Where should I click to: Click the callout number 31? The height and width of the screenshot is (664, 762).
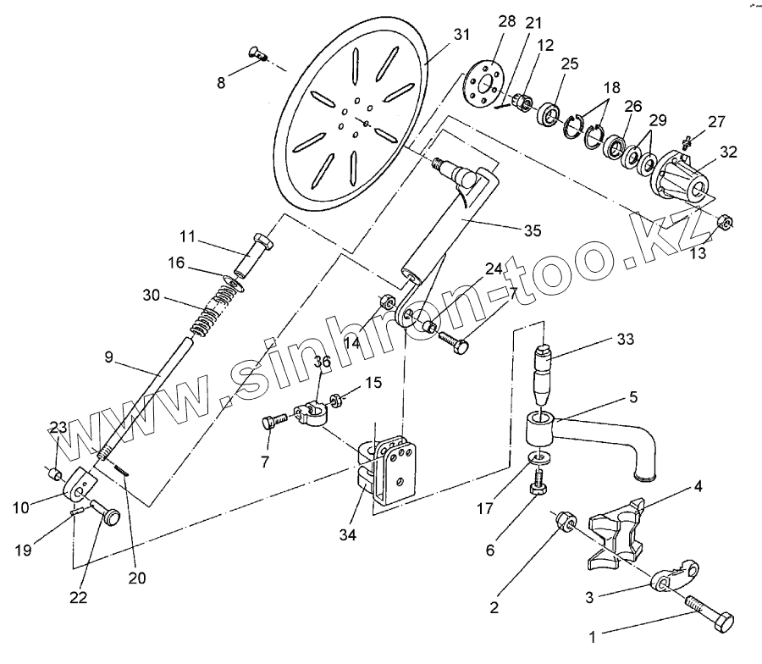tap(461, 35)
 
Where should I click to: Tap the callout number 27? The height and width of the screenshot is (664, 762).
tap(716, 121)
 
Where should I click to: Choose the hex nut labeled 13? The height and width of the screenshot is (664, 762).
tap(724, 223)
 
